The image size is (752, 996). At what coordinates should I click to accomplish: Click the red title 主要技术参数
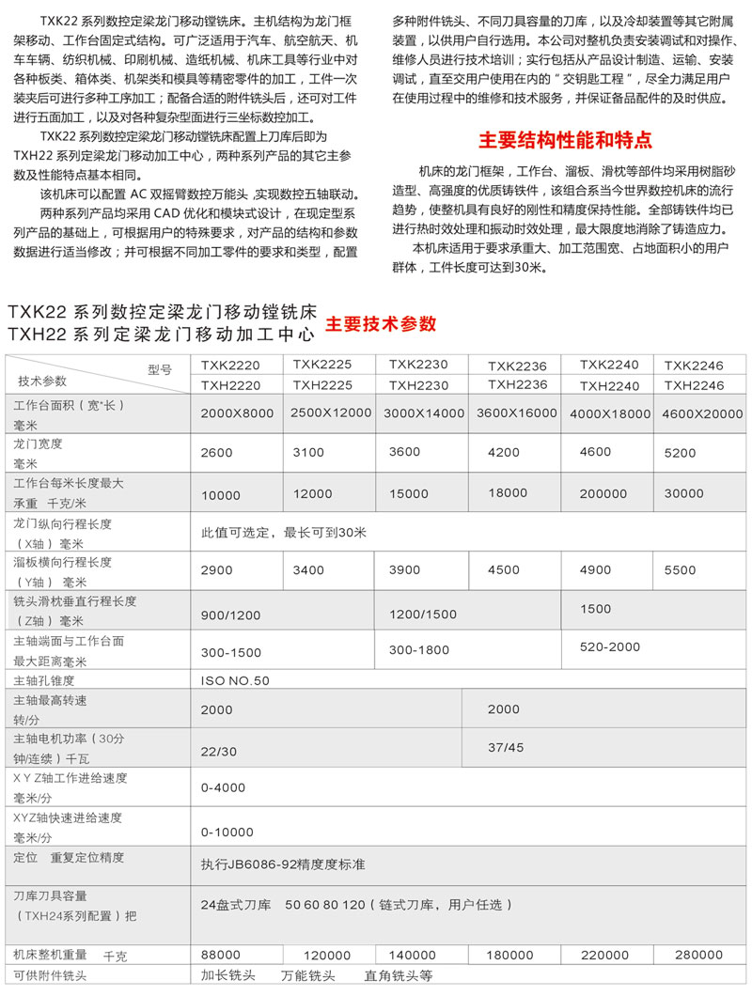tap(381, 323)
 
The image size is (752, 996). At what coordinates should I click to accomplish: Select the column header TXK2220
tap(230, 365)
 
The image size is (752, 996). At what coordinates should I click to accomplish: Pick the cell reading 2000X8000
tap(237, 413)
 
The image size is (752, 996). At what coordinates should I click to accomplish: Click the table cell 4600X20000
tap(702, 413)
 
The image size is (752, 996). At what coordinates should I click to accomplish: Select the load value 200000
tap(603, 493)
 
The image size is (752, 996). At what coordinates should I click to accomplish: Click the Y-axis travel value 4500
tap(503, 570)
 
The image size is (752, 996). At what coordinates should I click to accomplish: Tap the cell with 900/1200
tap(231, 615)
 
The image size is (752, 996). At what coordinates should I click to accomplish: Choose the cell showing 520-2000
tap(610, 646)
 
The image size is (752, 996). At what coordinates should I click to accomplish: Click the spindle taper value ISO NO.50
tap(235, 681)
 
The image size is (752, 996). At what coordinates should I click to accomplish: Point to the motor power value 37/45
tap(506, 748)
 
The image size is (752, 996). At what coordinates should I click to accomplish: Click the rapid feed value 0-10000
tap(227, 832)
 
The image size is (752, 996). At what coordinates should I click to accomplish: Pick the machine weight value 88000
tap(221, 954)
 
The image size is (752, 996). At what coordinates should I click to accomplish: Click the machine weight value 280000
tap(697, 954)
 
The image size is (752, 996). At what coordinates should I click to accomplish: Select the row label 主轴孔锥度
tap(44, 679)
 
